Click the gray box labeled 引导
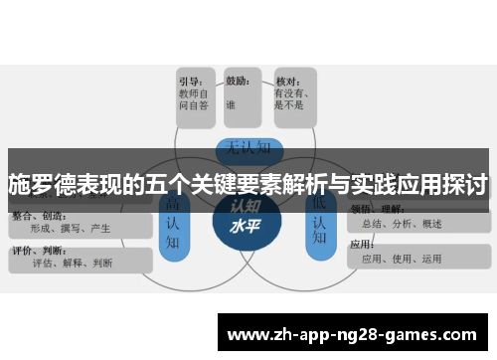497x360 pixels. [x=197, y=97]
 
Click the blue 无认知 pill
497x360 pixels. [x=245, y=149]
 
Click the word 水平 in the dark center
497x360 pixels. [x=245, y=226]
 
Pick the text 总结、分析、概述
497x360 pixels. [x=402, y=224]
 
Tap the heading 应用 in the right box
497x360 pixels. [x=362, y=244]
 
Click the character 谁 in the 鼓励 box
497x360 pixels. [x=231, y=102]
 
